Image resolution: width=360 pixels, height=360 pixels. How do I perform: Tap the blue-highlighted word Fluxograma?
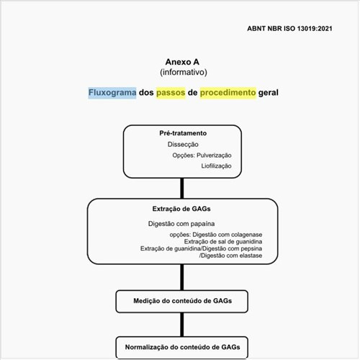(x=112, y=93)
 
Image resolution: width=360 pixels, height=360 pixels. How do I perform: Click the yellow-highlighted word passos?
(x=170, y=93)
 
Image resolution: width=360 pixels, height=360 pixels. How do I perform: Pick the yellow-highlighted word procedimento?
(x=228, y=93)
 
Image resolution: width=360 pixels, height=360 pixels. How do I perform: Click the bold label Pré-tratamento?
(x=183, y=133)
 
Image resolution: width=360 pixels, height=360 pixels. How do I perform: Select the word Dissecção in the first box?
(x=183, y=144)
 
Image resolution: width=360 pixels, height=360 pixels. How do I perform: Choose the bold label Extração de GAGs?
(x=182, y=209)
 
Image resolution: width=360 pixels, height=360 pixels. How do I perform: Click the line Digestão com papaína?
(x=181, y=224)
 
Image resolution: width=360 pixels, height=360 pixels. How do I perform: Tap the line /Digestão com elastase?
(x=230, y=256)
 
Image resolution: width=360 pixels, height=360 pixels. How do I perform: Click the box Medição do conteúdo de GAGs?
(x=182, y=300)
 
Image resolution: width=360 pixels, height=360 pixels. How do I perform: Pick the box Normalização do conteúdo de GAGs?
(x=182, y=347)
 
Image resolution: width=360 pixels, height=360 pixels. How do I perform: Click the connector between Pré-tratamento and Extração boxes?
(x=182, y=188)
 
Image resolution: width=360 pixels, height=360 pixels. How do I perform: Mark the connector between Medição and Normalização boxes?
(x=182, y=323)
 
